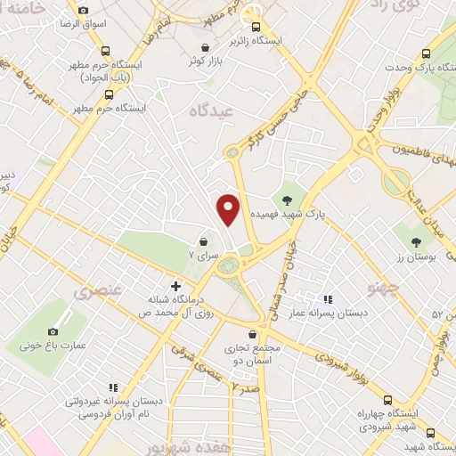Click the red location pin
[x=230, y=208]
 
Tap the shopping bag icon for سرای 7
[x=204, y=241]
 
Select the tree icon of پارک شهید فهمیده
[x=287, y=199]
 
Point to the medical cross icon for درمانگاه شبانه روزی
[x=175, y=287]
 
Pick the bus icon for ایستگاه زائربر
[x=256, y=26]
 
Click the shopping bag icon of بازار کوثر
[x=207, y=47]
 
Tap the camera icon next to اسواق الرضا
[x=83, y=11]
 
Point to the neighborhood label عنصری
[x=96, y=291]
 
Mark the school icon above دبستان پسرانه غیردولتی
[x=112, y=387]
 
